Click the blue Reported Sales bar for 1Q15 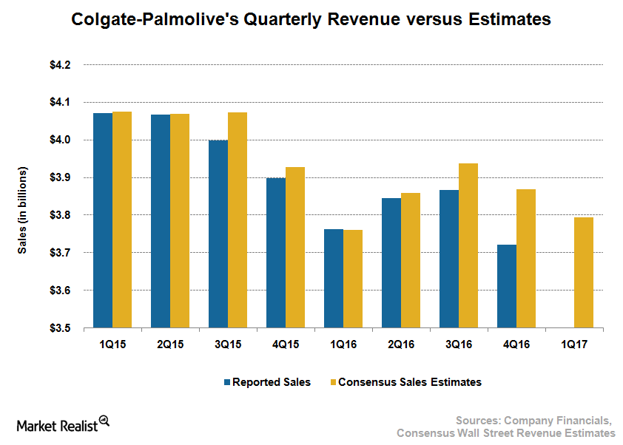pyautogui.click(x=103, y=220)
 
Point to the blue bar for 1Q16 pyautogui.click(x=334, y=279)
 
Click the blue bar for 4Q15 pyautogui.click(x=276, y=253)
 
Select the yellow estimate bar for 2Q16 pyautogui.click(x=411, y=260)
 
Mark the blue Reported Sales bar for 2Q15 pyautogui.click(x=161, y=221)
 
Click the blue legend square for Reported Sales pyautogui.click(x=227, y=383)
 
